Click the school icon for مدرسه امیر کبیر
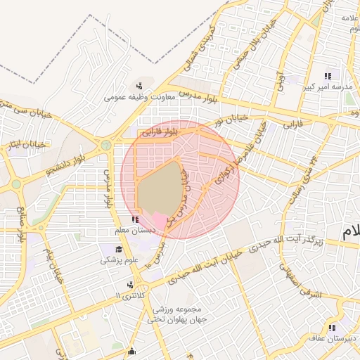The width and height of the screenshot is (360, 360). click(x=327, y=76)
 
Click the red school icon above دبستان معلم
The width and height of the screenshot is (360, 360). click(x=135, y=220)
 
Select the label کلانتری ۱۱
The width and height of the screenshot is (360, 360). click(x=128, y=296)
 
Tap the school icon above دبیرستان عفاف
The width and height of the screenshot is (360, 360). click(x=331, y=328)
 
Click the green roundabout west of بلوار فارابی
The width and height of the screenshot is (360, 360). click(x=106, y=146)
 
